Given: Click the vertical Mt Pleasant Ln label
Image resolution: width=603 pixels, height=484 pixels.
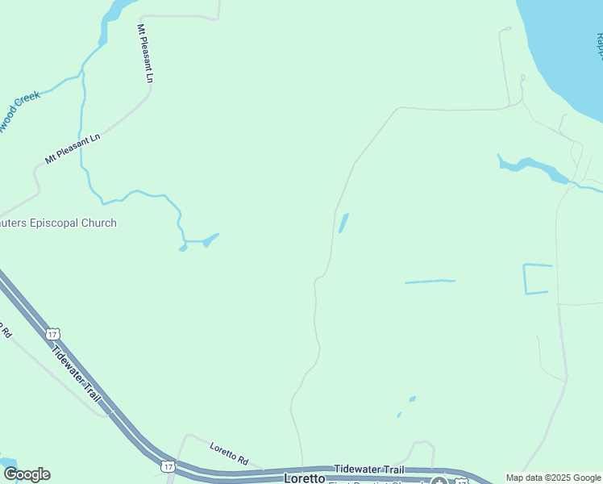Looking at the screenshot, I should (145, 54).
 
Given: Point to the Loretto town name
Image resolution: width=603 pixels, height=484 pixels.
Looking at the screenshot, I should (304, 478).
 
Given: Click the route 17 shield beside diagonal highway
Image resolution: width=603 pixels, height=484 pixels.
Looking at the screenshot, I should (53, 333).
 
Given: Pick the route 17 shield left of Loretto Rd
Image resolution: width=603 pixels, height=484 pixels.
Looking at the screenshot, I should (167, 466).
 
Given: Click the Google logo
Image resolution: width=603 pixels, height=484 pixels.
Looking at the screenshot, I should (27, 474).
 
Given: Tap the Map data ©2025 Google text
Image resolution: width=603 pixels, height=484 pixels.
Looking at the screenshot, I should (553, 478).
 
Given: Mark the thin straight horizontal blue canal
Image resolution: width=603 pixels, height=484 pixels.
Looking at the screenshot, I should (430, 282).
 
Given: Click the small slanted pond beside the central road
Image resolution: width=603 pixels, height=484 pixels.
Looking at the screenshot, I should (343, 223).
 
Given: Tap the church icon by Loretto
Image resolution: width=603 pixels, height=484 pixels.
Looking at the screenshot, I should (438, 481).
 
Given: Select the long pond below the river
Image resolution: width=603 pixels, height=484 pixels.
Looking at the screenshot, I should (532, 168).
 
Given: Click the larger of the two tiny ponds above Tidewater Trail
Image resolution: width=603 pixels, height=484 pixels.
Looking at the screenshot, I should (412, 398).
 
